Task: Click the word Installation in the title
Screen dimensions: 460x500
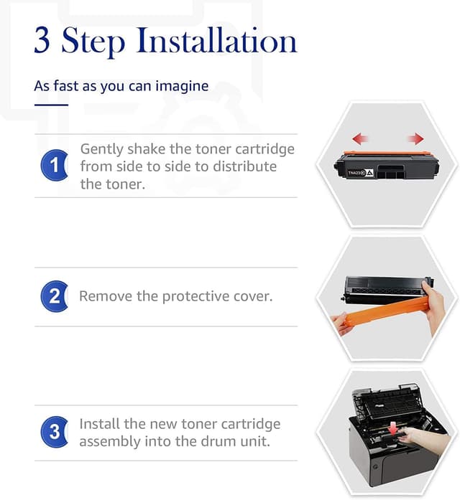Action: pos(217,40)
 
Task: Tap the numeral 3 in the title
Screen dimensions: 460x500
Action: pos(42,40)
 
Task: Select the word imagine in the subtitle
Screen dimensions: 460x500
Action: pos(182,86)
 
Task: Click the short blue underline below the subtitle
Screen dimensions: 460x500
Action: pos(51,105)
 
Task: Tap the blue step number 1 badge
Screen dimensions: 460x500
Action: pos(54,165)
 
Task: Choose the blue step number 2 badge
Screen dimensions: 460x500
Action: pos(54,296)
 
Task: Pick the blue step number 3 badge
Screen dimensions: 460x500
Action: pos(54,432)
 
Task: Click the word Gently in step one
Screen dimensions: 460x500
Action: pos(101,149)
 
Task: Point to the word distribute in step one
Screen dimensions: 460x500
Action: pos(244,166)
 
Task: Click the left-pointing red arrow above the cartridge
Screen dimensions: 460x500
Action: pos(360,138)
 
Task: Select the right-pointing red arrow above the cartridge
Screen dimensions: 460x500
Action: pos(415,138)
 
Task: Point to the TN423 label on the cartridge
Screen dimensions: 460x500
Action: pos(355,173)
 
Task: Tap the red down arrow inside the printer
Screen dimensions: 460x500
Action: pos(394,428)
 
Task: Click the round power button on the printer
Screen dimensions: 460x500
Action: pos(376,467)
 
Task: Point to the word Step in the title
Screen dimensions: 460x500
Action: pos(93,42)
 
